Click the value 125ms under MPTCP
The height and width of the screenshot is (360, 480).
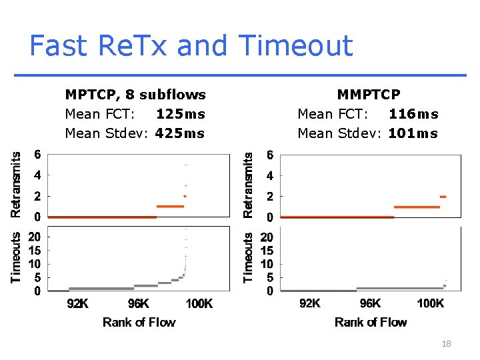(x=180, y=114)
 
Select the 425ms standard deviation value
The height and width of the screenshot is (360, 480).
(x=180, y=133)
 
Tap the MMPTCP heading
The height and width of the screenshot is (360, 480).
(x=369, y=95)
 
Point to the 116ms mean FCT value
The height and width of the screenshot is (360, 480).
(x=413, y=114)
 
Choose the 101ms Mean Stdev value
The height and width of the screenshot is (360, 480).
(x=413, y=133)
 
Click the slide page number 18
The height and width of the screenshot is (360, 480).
(x=446, y=344)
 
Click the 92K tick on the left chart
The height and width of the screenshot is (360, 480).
(x=77, y=304)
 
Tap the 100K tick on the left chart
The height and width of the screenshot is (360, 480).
(x=199, y=304)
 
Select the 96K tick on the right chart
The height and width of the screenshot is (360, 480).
(x=370, y=304)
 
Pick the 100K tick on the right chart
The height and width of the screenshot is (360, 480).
(x=430, y=304)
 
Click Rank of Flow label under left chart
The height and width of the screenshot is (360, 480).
(x=139, y=323)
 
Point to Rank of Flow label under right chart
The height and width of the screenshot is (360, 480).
(x=371, y=323)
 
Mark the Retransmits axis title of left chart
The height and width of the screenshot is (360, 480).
(x=16, y=185)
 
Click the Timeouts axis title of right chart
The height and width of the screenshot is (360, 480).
(x=248, y=257)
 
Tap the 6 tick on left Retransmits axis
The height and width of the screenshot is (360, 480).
(x=38, y=155)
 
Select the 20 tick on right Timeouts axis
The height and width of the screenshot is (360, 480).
(x=267, y=237)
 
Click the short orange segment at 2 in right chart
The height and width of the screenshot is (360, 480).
(x=443, y=197)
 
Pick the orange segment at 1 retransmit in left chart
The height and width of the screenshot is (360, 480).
(x=169, y=207)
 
